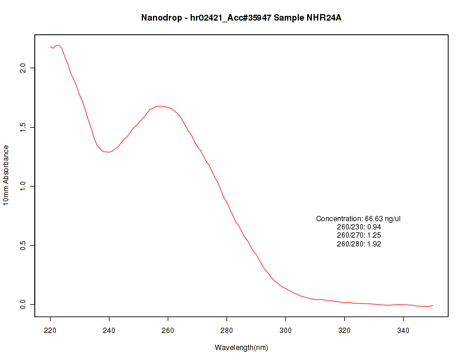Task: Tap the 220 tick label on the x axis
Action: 51,330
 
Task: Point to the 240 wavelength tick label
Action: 109,330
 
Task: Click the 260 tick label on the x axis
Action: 168,330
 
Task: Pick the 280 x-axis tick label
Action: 227,330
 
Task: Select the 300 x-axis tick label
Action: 286,330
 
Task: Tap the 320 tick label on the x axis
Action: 345,330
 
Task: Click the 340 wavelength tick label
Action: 404,330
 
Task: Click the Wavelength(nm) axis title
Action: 241,348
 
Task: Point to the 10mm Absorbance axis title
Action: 6,175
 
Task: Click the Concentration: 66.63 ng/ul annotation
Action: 358,219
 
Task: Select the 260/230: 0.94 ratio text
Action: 358,227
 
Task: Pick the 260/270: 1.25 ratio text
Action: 358,235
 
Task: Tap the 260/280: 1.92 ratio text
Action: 358,244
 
